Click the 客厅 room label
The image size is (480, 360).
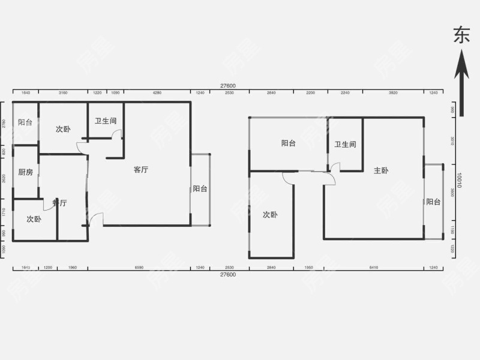[140, 170]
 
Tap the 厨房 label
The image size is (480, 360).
[25, 172]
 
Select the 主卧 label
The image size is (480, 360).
[381, 170]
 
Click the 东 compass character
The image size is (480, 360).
[461, 35]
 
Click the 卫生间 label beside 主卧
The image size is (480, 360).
[346, 145]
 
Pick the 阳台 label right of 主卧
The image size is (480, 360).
[433, 202]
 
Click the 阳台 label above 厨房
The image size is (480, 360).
[25, 122]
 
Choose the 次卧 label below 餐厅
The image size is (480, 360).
[34, 220]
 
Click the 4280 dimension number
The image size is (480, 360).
[157, 93]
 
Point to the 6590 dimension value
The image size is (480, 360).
[139, 267]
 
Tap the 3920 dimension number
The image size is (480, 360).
[393, 93]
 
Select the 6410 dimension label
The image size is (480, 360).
[374, 267]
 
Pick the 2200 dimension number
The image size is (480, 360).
[310, 93]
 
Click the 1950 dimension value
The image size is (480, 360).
[308, 267]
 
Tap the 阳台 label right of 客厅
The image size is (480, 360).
[200, 188]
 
